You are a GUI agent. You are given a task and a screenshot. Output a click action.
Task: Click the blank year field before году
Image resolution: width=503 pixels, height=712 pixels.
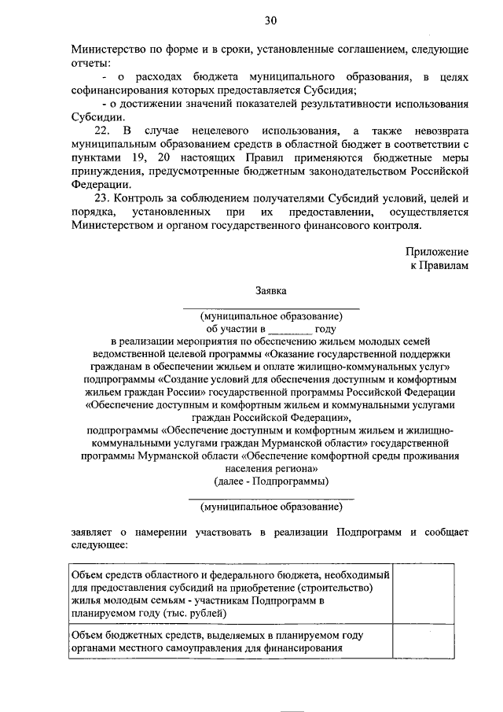(x=290, y=329)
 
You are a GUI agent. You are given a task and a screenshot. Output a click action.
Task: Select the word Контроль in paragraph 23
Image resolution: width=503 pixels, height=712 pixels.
(x=147, y=197)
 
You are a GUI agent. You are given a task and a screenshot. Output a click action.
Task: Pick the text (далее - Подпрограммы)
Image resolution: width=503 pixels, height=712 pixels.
(x=270, y=481)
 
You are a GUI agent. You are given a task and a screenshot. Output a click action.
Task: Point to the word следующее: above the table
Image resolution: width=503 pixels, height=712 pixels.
(x=100, y=544)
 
